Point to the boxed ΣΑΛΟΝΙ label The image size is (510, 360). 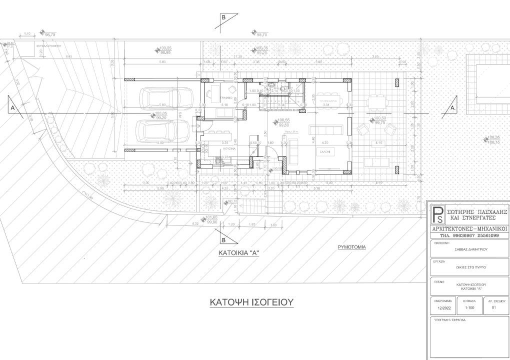pyautogui.click(x=325, y=151)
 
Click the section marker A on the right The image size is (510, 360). pyautogui.click(x=452, y=107)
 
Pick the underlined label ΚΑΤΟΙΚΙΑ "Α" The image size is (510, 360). pyautogui.click(x=238, y=253)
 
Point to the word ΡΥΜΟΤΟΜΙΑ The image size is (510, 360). pyautogui.click(x=352, y=247)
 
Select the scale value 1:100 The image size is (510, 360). pyautogui.click(x=469, y=308)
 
